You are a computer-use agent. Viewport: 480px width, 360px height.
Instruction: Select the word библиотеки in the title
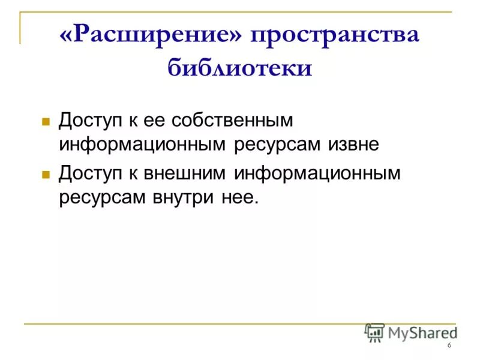point(240,67)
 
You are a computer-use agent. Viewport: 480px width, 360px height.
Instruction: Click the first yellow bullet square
point(44,121)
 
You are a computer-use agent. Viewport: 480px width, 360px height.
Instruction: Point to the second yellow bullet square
point(44,175)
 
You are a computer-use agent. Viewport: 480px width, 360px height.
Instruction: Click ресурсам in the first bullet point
point(272,145)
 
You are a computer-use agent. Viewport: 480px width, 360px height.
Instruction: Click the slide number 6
point(448,346)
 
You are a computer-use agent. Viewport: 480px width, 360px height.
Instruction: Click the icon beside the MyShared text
point(374,332)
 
